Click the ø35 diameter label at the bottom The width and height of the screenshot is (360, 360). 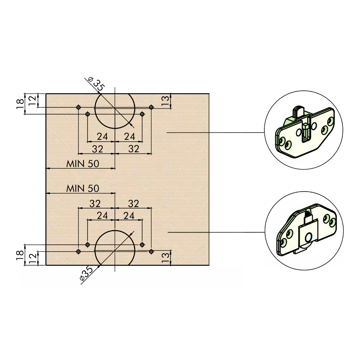tap(86, 273)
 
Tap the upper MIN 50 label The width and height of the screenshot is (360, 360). tap(83, 164)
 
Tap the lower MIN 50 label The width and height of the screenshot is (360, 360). tap(83, 188)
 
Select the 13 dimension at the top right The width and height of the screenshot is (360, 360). tap(165, 101)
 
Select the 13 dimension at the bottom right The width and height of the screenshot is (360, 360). tap(165, 258)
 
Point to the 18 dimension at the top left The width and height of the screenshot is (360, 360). tap(20, 104)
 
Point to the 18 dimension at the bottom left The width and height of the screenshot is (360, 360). tap(20, 255)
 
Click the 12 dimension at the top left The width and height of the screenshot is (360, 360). tap(32, 101)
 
